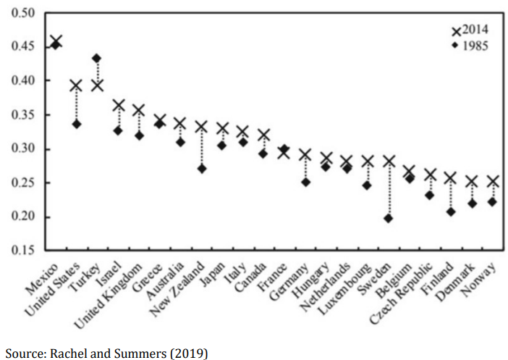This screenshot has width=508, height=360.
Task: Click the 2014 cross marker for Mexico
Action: (x=55, y=41)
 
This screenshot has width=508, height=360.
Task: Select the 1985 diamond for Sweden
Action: (x=389, y=218)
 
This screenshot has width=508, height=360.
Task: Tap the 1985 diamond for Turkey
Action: (x=97, y=59)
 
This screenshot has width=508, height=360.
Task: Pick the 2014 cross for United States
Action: (x=76, y=85)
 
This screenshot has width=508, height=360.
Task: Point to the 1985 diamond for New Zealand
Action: (x=201, y=169)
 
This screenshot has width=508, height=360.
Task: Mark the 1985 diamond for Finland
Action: (x=451, y=212)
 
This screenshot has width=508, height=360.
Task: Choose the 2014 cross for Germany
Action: (x=305, y=155)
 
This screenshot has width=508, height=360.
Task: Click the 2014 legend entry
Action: (x=470, y=30)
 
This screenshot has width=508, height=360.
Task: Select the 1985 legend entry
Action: (x=470, y=45)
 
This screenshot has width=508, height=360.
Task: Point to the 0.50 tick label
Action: (x=23, y=14)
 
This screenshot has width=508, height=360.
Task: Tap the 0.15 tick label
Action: (x=23, y=251)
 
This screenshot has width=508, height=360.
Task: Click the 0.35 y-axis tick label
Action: (x=23, y=116)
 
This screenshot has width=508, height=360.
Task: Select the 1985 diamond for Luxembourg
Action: (x=368, y=185)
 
